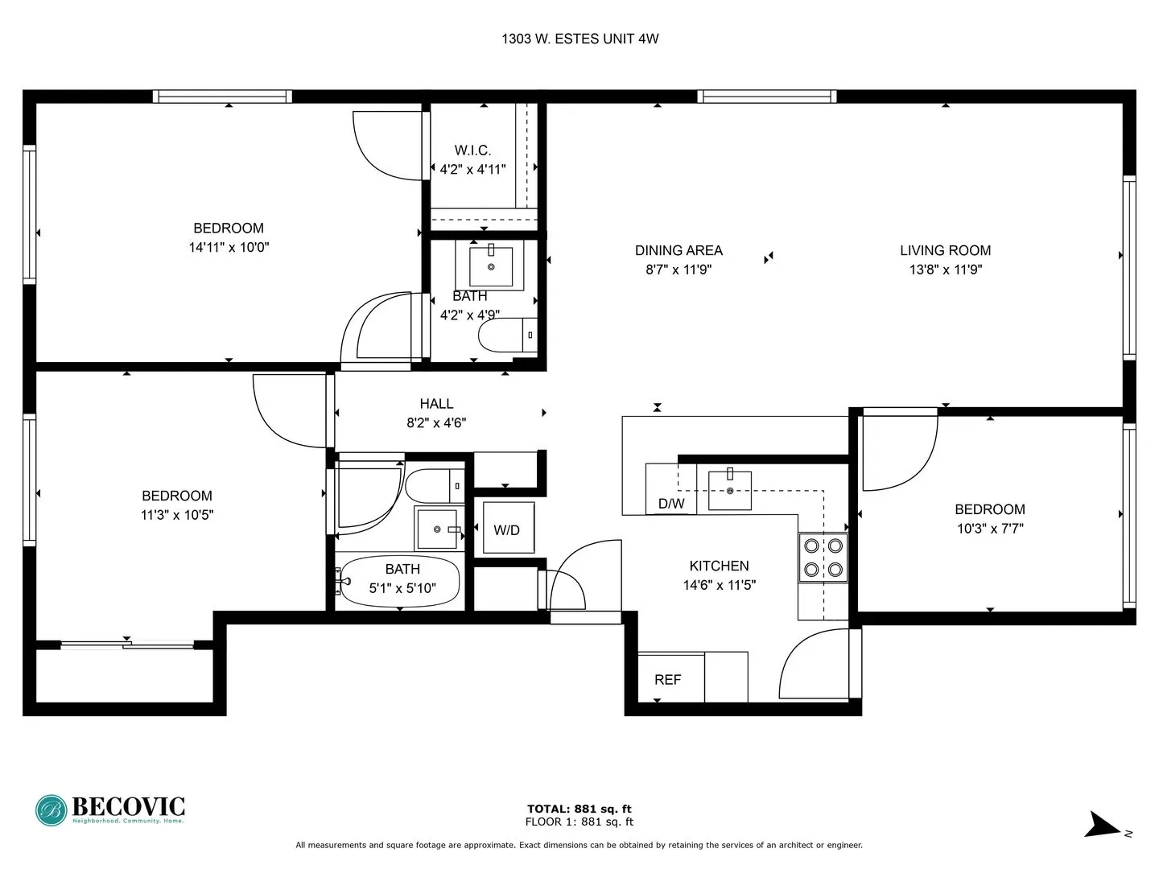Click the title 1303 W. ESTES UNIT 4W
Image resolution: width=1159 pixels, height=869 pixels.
(x=579, y=39)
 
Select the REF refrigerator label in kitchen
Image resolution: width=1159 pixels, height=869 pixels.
(x=667, y=679)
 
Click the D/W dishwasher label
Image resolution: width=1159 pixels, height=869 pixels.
(x=671, y=504)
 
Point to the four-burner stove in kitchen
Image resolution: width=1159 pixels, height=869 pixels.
(x=823, y=558)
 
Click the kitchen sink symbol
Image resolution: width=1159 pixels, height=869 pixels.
(x=729, y=490)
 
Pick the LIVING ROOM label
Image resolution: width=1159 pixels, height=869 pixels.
(x=945, y=250)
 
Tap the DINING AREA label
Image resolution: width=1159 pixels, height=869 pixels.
(x=678, y=250)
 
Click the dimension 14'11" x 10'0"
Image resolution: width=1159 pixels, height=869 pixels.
(x=229, y=248)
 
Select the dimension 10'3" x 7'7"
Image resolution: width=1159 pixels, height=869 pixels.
(x=989, y=529)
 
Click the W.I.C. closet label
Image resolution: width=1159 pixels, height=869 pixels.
(x=472, y=150)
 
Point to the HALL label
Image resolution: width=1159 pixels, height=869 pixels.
(x=436, y=404)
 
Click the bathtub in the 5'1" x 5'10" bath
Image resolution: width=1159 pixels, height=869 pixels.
(x=400, y=580)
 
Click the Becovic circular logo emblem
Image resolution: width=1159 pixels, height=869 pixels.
(x=51, y=810)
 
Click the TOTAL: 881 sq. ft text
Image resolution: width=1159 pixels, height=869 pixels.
(x=579, y=809)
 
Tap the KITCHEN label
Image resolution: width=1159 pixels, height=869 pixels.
(x=719, y=566)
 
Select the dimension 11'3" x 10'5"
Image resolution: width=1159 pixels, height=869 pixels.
(x=177, y=515)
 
